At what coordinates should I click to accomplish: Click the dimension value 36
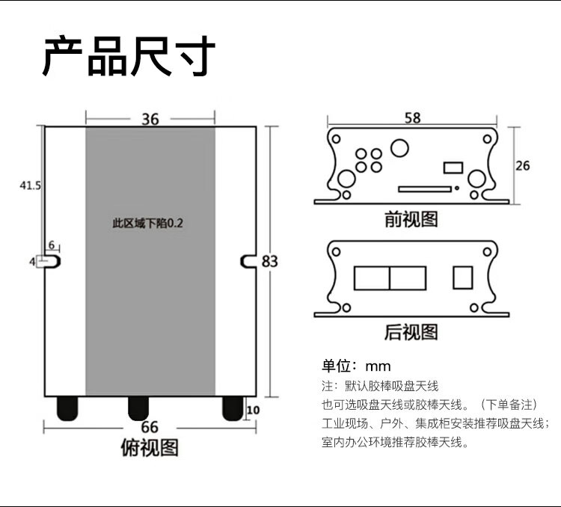[150, 119]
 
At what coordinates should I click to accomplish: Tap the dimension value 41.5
[30, 185]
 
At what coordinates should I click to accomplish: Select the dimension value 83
[269, 261]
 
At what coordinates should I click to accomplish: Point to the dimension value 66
[150, 428]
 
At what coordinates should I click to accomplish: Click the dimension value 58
[411, 117]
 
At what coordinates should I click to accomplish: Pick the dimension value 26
[523, 165]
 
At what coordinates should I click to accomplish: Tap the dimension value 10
[252, 409]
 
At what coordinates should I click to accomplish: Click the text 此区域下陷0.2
[147, 223]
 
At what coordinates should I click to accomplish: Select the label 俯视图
[150, 448]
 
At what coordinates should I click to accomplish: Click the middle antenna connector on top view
[138, 408]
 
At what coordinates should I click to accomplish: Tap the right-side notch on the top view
[248, 260]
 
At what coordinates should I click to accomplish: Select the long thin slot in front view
[423, 189]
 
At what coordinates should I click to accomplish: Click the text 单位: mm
[357, 366]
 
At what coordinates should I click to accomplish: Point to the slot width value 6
[52, 245]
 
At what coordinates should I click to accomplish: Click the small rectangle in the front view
[453, 167]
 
